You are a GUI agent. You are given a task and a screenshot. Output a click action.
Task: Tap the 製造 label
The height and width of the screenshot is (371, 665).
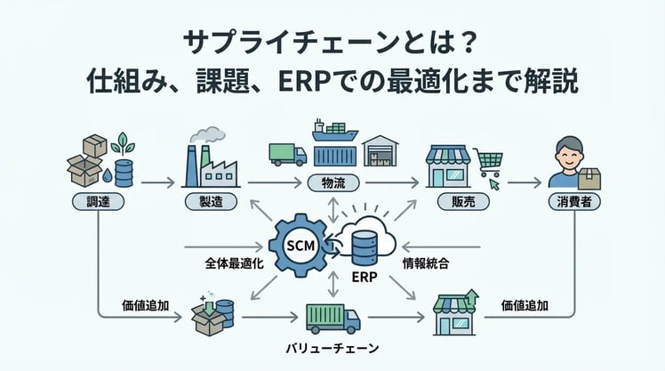tap(212, 201)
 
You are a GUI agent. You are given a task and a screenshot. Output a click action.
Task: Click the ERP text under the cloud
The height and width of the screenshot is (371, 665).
tap(365, 277)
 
